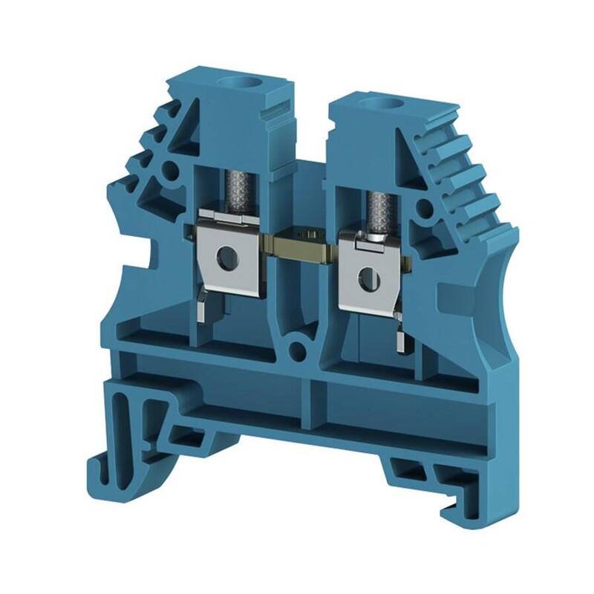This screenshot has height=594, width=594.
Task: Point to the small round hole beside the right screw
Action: click(x=424, y=209)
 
